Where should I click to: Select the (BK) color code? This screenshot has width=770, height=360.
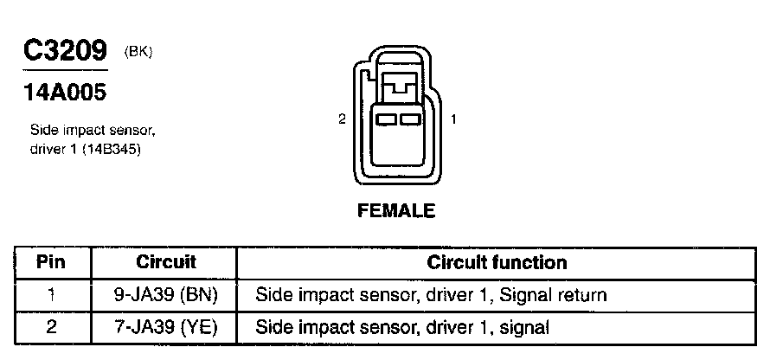pyautogui.click(x=138, y=52)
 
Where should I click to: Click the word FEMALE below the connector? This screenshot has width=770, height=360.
pyautogui.click(x=395, y=210)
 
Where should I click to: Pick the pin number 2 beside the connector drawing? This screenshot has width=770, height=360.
pyautogui.click(x=343, y=119)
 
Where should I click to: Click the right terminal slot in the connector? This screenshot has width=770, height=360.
pyautogui.click(x=408, y=118)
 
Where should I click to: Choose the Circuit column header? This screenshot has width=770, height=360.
pyautogui.click(x=166, y=262)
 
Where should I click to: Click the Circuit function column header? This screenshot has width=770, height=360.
pyautogui.click(x=497, y=262)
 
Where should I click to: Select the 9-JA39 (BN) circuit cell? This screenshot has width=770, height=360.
pyautogui.click(x=166, y=295)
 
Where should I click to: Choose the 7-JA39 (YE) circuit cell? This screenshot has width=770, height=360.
pyautogui.click(x=166, y=327)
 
